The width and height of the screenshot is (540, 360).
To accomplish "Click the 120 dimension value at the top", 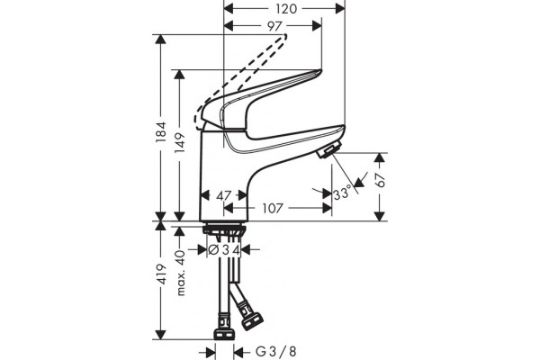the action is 286,9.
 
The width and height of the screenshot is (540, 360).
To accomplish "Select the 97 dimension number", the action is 274,26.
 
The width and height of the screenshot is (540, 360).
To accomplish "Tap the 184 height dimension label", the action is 161,132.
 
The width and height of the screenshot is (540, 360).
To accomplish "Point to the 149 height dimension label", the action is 180,142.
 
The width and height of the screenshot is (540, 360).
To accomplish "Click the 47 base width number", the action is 223,195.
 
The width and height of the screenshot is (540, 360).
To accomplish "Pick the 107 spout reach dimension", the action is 273,208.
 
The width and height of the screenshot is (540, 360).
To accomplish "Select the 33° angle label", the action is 342,193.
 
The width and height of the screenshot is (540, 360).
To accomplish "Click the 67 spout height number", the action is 381,179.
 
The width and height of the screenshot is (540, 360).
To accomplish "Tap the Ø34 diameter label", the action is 224,250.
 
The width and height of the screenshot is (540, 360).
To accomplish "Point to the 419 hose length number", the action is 161,274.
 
